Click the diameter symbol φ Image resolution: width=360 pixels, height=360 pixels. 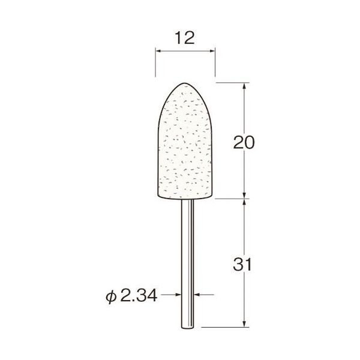[112, 296]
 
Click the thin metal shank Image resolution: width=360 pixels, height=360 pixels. [185, 258]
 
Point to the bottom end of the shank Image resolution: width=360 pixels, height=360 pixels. [185, 326]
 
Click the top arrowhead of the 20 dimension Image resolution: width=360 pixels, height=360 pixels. [245, 85]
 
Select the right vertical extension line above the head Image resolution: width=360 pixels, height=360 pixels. [215, 63]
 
